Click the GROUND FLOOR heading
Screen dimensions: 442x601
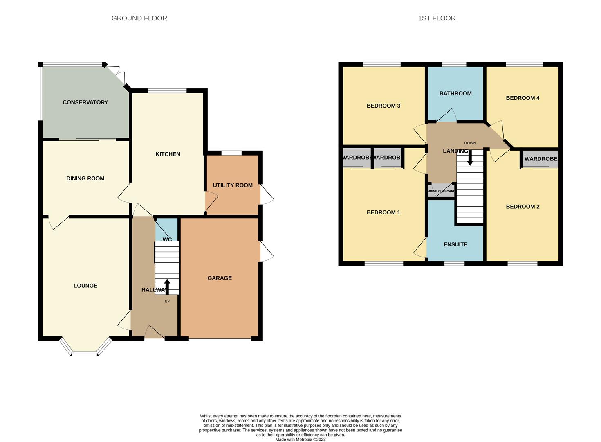(x=139, y=18)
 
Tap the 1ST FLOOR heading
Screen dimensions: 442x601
(x=436, y=18)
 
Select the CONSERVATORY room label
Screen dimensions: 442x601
(x=85, y=102)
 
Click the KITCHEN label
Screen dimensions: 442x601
(x=168, y=154)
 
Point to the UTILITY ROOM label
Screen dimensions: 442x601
(x=233, y=185)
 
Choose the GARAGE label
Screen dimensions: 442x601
(x=220, y=278)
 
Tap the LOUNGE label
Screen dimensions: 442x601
(x=85, y=286)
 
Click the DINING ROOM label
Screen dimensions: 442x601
(x=85, y=178)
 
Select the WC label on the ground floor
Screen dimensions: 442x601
(x=167, y=239)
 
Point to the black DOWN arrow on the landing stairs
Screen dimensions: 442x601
(x=470, y=158)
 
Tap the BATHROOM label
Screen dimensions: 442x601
(x=455, y=93)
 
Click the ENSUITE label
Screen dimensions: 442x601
(x=455, y=244)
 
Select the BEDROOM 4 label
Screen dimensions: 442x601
(x=523, y=98)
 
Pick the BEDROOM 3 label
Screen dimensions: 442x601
(x=383, y=106)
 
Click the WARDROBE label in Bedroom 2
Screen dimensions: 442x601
(x=540, y=159)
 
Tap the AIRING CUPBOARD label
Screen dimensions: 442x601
(x=442, y=191)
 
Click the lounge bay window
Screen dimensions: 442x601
(x=85, y=354)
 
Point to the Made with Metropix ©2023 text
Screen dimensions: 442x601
(x=300, y=440)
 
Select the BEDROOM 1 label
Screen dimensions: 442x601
(x=383, y=212)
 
